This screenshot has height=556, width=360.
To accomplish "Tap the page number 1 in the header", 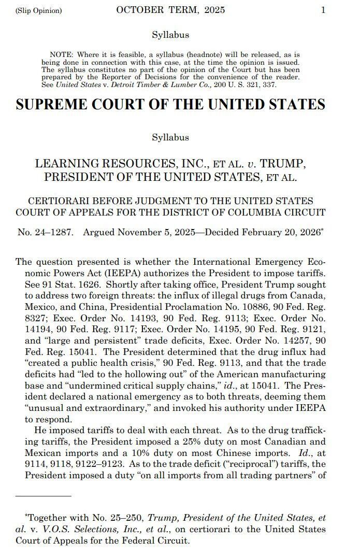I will (323, 10).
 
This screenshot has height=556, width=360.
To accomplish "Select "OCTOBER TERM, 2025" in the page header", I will (170, 10).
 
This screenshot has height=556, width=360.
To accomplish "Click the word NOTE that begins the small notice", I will (61, 54).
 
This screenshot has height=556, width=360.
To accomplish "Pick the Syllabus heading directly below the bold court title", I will (170, 138).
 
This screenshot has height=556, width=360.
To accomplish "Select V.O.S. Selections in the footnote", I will (79, 529).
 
